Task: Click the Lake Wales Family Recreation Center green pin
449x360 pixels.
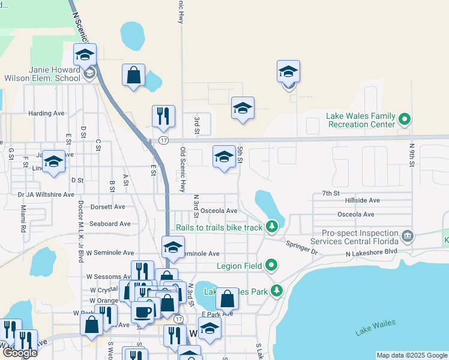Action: tap(404, 120)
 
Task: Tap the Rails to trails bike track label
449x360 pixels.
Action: tap(219, 227)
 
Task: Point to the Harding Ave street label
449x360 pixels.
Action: tap(46, 113)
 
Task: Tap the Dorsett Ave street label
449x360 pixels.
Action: tap(107, 207)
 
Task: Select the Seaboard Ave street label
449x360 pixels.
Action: tap(110, 224)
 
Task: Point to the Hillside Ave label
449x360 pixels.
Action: tap(359, 200)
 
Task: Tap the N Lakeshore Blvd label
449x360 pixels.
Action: tap(372, 252)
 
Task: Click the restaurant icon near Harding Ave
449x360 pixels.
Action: tap(163, 117)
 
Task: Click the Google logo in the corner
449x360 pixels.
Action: tap(19, 353)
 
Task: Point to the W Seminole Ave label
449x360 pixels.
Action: tap(110, 253)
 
